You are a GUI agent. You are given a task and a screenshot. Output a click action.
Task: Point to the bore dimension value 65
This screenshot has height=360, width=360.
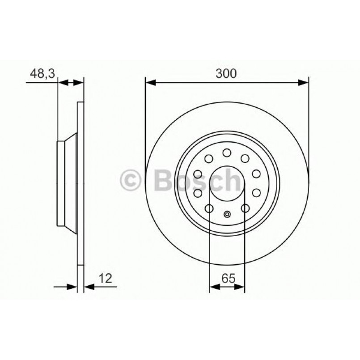pos(227,278)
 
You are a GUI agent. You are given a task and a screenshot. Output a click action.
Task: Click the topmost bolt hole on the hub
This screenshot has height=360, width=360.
pos(227,153)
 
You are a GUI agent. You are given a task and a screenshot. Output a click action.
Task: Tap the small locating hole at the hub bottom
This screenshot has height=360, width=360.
pos(227,214)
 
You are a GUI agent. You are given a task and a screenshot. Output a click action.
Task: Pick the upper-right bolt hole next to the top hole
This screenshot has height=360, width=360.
pos(245,158)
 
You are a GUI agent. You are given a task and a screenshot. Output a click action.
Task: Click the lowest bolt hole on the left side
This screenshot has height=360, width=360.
pos(209,208)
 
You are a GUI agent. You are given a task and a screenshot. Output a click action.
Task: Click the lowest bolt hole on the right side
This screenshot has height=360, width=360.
pos(245,208)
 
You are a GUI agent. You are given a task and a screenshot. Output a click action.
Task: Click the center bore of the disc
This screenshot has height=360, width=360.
pos(227,183)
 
